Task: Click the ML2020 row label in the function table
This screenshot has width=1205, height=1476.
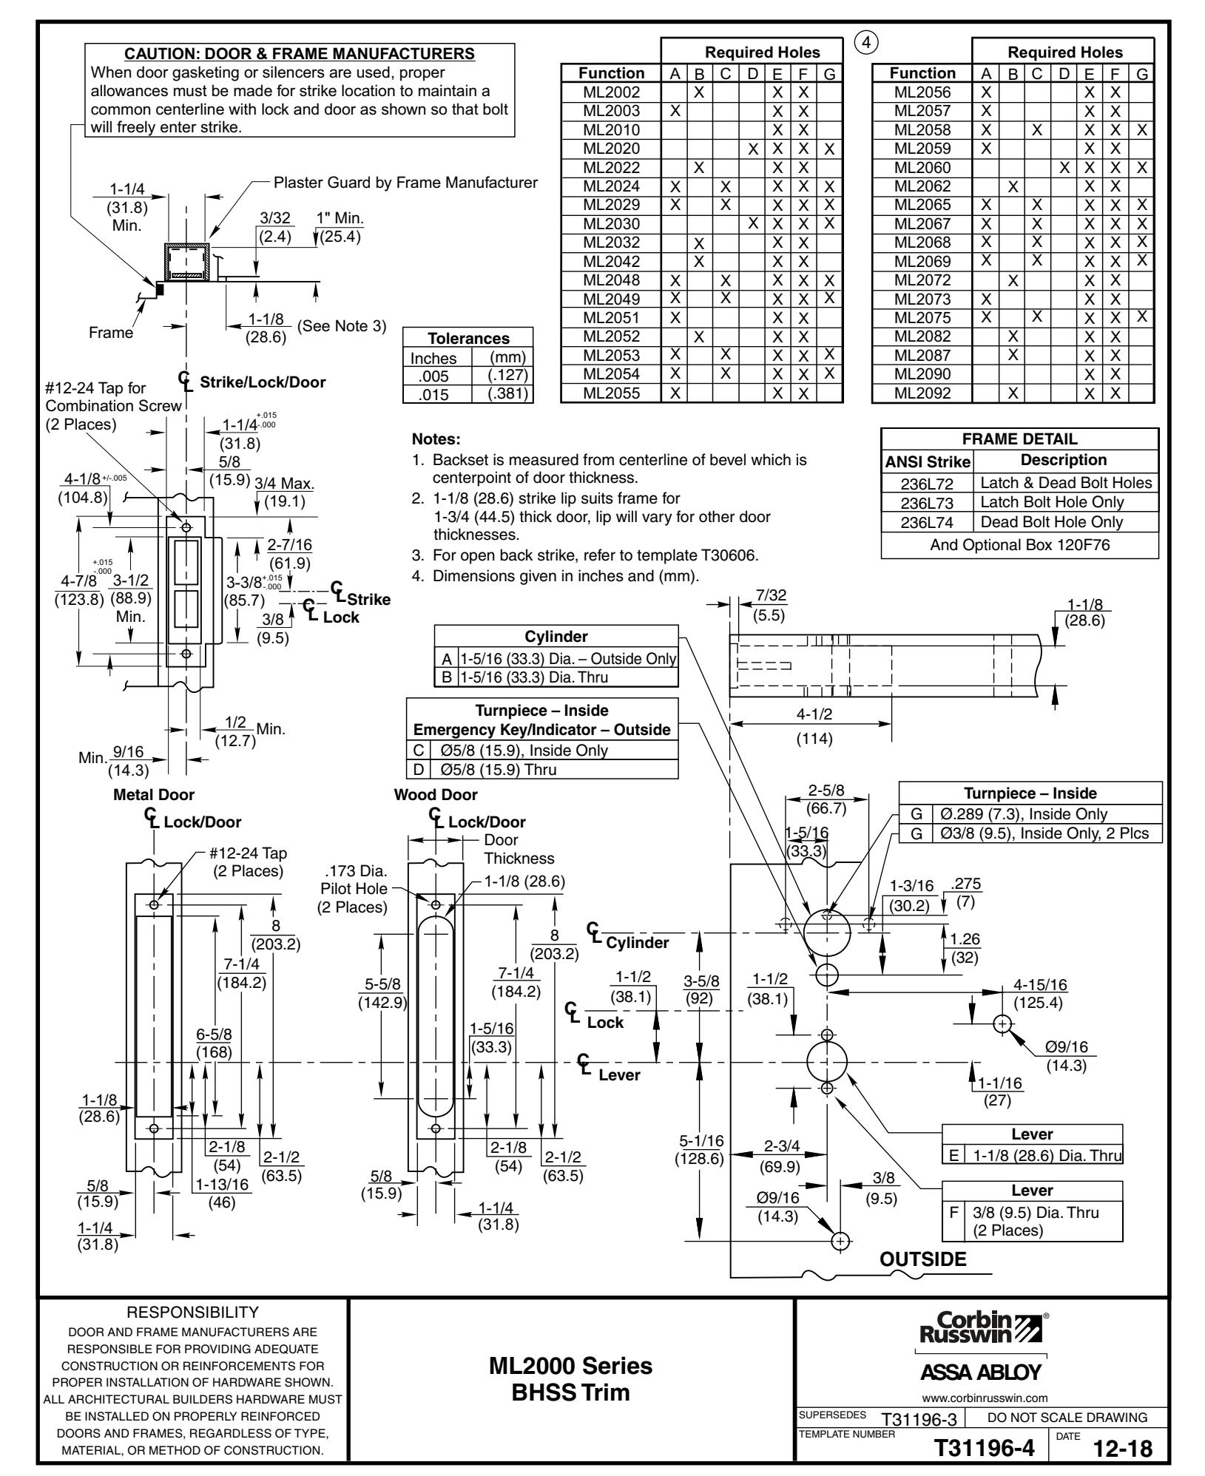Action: click(x=611, y=149)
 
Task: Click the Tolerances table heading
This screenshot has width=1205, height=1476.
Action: click(x=469, y=339)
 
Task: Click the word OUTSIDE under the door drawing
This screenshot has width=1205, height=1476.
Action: click(x=922, y=1259)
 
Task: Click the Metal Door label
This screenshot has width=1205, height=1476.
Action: click(x=154, y=795)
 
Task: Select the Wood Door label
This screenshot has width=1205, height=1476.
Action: click(x=436, y=795)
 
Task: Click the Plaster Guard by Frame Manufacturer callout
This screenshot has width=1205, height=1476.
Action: click(x=405, y=182)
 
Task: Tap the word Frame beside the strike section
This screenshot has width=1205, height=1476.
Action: click(x=111, y=333)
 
